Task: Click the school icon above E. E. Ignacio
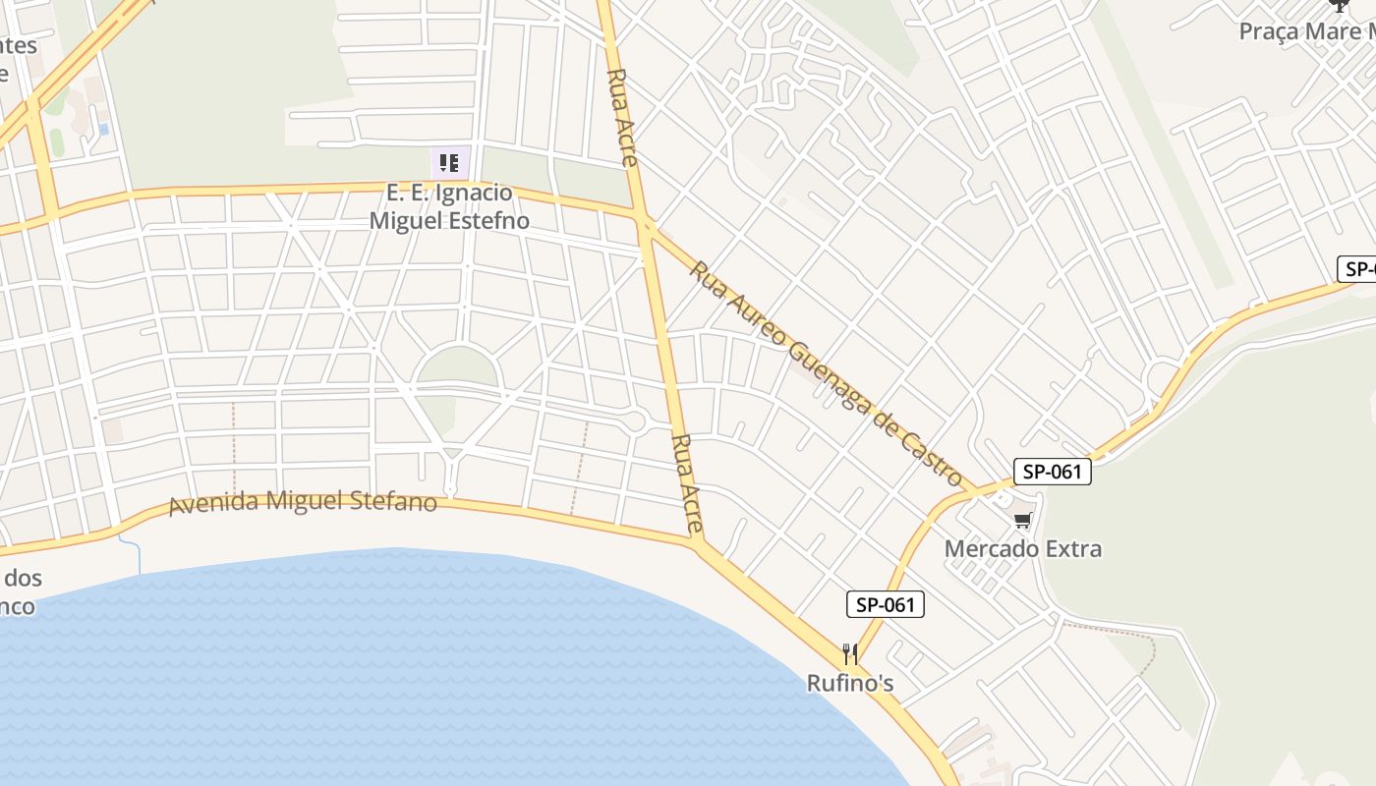point(448,162)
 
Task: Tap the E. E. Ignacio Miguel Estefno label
point(448,206)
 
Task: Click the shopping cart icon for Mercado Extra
point(1023,520)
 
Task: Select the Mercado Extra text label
point(1022,548)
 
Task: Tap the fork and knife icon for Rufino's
point(850,654)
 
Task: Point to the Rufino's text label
point(850,682)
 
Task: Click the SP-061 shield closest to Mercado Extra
point(1052,472)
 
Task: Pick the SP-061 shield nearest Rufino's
point(885,604)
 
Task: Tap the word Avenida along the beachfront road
point(209,504)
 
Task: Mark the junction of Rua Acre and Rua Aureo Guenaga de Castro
point(646,226)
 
